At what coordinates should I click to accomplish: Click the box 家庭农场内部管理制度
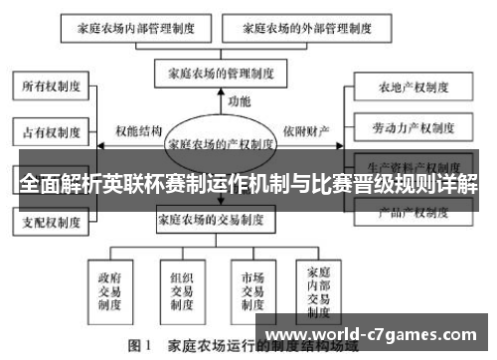(x=129, y=28)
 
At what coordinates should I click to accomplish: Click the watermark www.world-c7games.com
(x=373, y=332)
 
